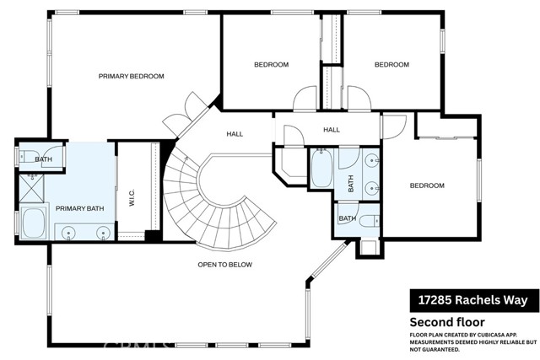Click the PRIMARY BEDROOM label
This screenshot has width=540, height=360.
pos(132,76)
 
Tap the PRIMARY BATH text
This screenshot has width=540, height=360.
pos(79,208)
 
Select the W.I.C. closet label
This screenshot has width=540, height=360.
pos(132,197)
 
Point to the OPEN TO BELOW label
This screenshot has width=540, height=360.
pos(225,265)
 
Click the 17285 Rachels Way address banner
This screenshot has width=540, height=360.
pos(474,300)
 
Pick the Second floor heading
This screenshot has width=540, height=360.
pos(447,322)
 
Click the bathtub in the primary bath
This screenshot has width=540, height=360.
pos(34,223)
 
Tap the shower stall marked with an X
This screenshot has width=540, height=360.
pos(31,188)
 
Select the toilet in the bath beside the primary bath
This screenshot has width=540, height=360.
pos(26,157)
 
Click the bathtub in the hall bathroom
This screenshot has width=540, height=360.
pos(321,169)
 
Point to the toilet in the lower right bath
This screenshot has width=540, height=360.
pos(369,220)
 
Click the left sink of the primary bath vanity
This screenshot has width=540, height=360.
pos(68,233)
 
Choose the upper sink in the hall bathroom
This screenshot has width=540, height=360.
pos(372,160)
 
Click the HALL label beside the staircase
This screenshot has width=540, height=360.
pos(235,134)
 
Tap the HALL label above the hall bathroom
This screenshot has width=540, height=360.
pos(332,130)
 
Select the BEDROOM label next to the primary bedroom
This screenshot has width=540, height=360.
pos(272,65)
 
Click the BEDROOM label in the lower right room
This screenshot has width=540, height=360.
pos(427,185)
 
